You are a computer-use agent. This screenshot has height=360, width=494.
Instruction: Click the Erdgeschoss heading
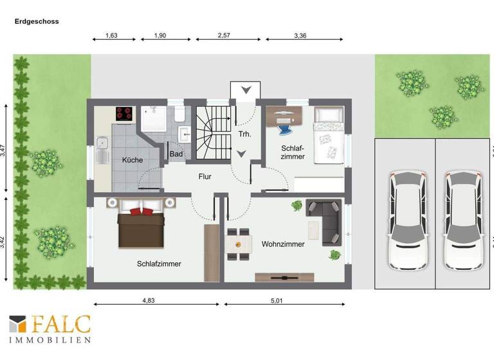pos(37,21)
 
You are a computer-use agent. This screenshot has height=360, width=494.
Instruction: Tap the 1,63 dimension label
pos(111,35)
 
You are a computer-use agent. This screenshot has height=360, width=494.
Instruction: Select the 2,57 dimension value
pos(224,35)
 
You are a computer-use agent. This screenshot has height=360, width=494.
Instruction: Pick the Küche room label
pos(132,159)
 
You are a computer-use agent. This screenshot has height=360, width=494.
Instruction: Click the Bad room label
pos(176,154)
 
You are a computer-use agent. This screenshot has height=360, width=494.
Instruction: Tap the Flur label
pos(205,176)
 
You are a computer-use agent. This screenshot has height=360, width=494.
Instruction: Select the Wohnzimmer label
pos(283,244)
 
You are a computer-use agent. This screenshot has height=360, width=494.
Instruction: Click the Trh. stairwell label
pos(244,134)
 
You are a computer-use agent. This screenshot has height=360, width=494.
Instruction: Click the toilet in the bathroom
pos(179,114)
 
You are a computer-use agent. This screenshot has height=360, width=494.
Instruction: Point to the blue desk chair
pos(285,127)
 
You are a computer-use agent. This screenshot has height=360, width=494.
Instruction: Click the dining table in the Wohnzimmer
pos(239,244)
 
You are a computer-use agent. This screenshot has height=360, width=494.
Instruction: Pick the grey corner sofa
pos(324,219)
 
